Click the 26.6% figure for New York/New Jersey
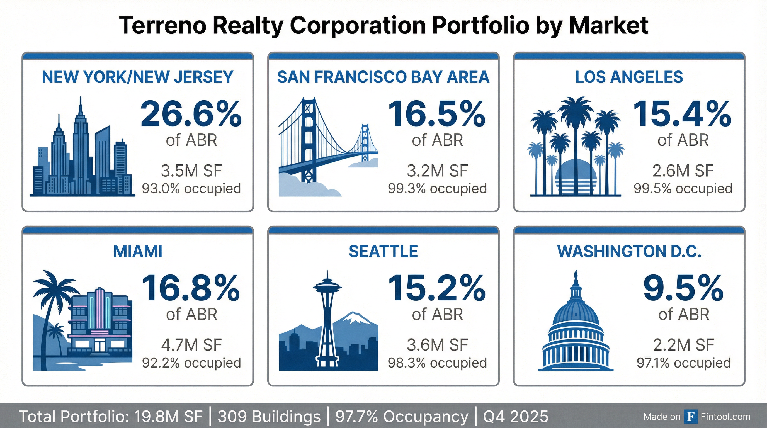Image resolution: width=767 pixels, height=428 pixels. tap(191, 114)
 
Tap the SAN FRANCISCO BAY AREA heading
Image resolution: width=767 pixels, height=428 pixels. tap(383, 77)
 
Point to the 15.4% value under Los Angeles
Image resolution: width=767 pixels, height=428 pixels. tap(682, 114)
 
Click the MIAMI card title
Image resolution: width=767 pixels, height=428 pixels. tap(138, 252)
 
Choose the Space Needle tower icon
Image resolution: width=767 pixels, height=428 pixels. tap(327, 322)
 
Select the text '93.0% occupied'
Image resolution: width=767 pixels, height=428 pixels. tap(191, 189)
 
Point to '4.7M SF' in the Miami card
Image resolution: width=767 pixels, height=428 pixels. tap(191, 345)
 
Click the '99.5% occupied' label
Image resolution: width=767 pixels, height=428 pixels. tap(683, 189)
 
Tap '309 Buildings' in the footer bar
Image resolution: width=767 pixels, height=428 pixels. tap(269, 416)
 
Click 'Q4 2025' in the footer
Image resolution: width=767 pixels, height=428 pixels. tap(515, 416)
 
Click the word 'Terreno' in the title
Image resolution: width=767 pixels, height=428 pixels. tap(162, 26)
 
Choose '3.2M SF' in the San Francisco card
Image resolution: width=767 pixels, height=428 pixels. tap(437, 171)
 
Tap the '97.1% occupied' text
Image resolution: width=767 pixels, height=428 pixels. tap(684, 363)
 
